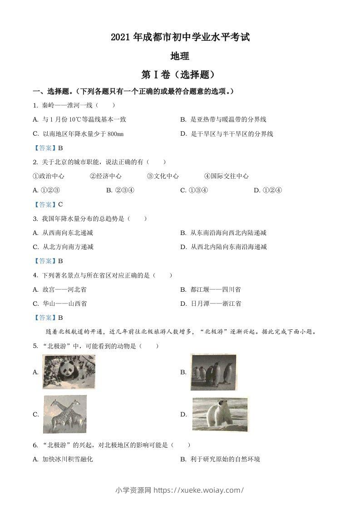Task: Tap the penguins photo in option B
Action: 213,372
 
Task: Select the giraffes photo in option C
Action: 65,414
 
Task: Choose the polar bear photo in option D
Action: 220,414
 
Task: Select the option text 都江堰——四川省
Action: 216,289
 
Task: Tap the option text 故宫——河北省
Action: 64,289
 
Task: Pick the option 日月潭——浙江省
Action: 216,303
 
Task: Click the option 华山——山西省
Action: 64,303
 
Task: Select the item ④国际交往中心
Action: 226,176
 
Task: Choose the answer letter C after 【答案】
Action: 60,204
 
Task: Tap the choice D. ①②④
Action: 268,190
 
